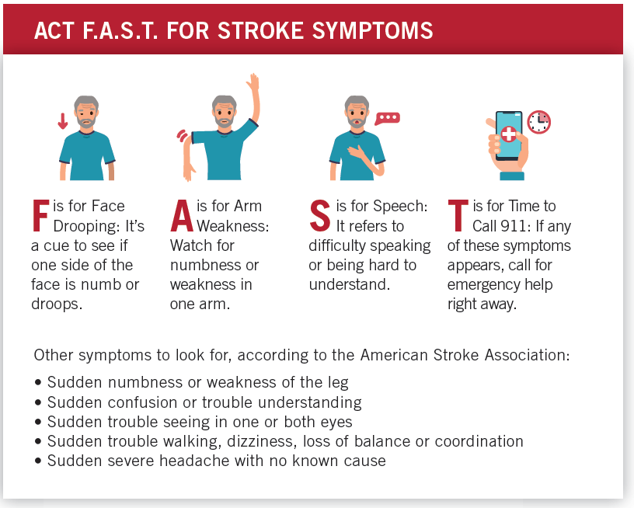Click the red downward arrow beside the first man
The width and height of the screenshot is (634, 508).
pyautogui.click(x=63, y=122)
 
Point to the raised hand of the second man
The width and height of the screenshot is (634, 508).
pyautogui.click(x=253, y=83)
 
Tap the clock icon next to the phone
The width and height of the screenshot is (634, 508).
pyautogui.click(x=538, y=122)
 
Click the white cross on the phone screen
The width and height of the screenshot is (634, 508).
pyautogui.click(x=509, y=134)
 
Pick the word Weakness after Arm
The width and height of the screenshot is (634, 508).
pyautogui.click(x=230, y=226)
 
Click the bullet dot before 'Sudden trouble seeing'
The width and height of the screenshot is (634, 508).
pyautogui.click(x=38, y=423)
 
